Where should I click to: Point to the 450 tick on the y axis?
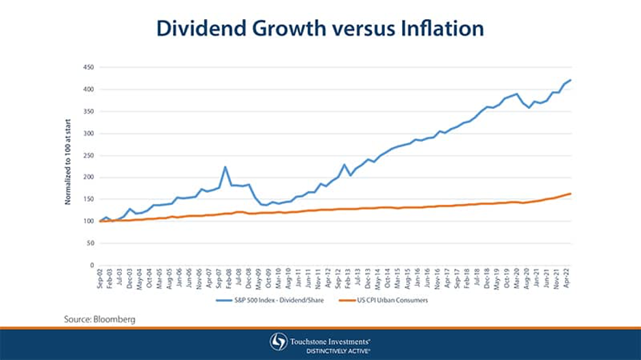(88, 67)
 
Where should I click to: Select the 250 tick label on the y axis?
(88, 155)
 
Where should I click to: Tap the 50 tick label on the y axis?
(90, 243)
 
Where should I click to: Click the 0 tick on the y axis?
(92, 265)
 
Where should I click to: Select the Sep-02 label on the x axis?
(100, 279)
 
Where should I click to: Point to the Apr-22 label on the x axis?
(566, 279)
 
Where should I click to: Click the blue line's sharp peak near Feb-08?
(225, 166)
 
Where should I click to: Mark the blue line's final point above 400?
(570, 80)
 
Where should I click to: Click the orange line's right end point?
(570, 194)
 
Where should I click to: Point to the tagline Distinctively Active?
(331, 350)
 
